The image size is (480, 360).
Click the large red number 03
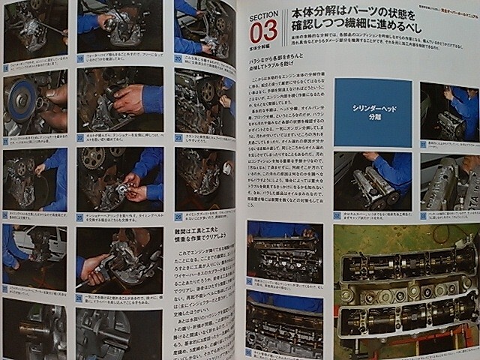263,32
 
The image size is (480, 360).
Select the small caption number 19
80,55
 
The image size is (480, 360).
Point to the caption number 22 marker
80,136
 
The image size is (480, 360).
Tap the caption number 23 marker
178,136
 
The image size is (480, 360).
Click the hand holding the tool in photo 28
94,265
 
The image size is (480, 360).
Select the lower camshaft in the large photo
405,319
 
